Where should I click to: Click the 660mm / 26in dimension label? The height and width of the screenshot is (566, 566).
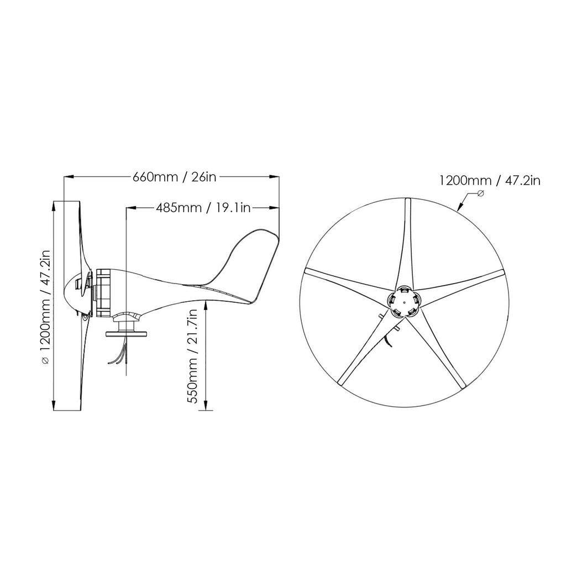[x=174, y=177]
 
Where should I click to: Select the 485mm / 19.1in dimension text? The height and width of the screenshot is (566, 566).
[x=204, y=208]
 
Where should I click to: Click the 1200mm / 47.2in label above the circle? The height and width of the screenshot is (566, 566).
[x=489, y=180]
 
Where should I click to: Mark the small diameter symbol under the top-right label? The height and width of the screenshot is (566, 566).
[x=480, y=193]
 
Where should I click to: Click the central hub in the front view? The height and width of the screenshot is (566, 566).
[x=403, y=302]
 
